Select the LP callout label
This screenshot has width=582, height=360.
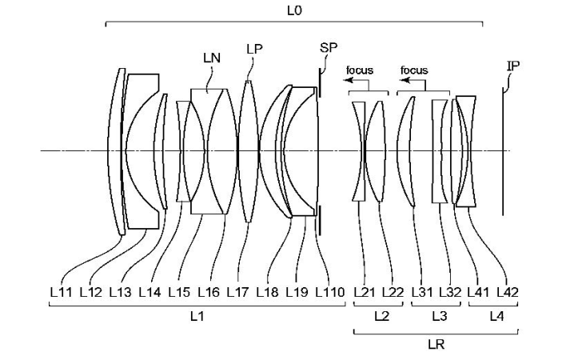(254, 50)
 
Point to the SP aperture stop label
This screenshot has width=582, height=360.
(329, 48)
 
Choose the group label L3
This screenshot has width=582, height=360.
(439, 318)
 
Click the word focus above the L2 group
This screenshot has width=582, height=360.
(360, 70)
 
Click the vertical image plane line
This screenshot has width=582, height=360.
(503, 152)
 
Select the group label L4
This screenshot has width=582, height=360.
(495, 318)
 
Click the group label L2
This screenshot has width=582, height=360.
(381, 318)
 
